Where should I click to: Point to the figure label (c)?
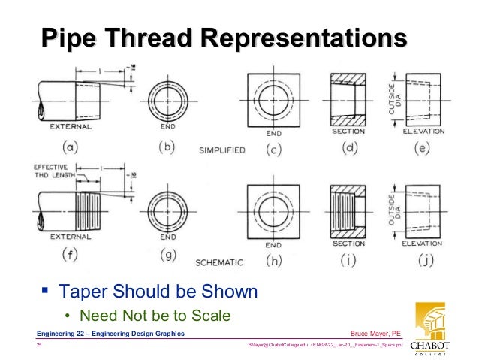[273, 150]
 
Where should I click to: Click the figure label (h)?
[273, 261]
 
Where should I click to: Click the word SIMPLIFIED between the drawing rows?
[221, 150]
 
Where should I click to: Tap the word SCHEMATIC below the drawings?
[220, 262]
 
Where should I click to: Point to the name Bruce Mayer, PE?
[375, 333]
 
